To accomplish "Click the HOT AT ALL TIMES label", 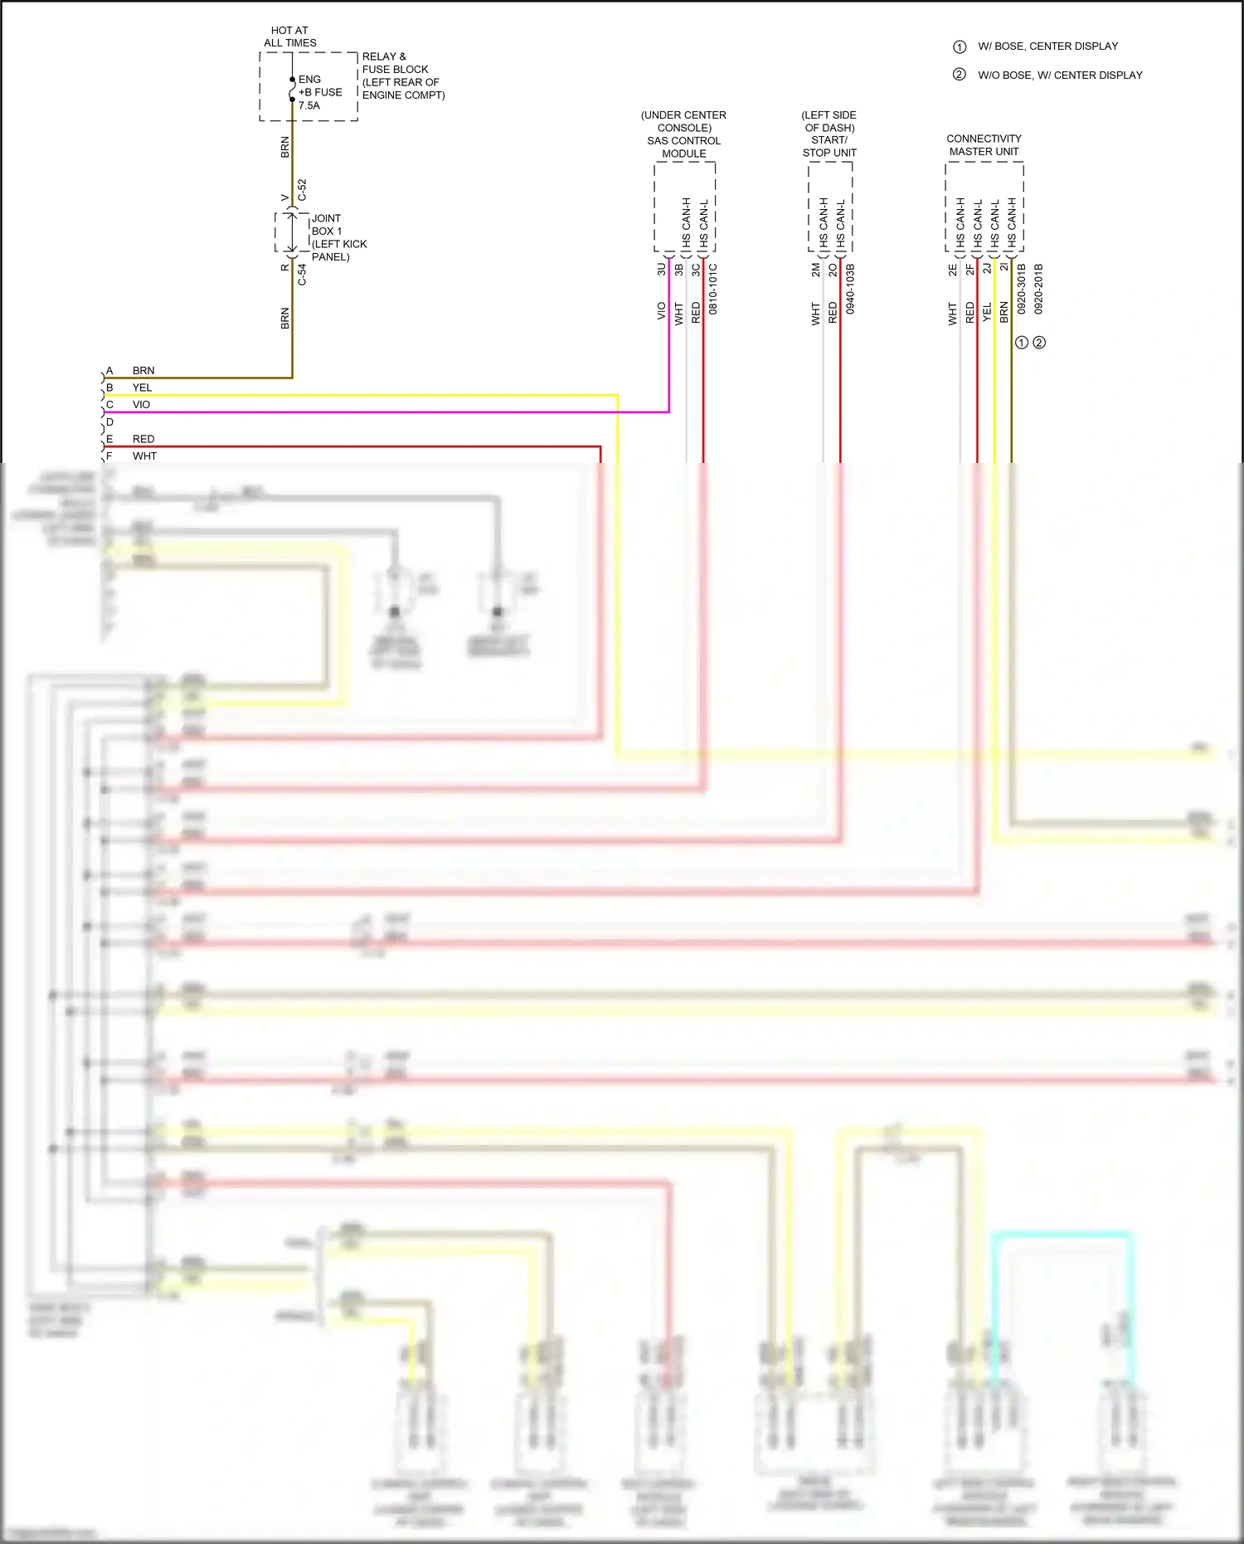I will point(289,37).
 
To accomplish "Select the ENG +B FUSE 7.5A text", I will point(319,92).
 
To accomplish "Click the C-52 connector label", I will point(302,190).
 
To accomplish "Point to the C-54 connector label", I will point(302,275).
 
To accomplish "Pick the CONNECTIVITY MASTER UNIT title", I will point(984,145).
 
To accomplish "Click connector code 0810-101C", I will point(713,289).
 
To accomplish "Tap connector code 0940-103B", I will point(850,289).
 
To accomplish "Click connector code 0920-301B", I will point(1022,289).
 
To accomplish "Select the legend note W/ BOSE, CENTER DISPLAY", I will point(1047,46).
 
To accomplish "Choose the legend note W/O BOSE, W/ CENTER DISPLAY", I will point(1059,75).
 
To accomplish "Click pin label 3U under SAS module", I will point(661,270).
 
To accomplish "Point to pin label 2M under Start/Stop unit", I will point(815,270).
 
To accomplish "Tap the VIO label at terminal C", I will point(141,405).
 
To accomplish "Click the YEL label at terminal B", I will point(142,387).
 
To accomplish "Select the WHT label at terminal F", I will point(144,456).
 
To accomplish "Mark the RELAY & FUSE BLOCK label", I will point(403,75).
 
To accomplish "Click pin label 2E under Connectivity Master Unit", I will point(952,270).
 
